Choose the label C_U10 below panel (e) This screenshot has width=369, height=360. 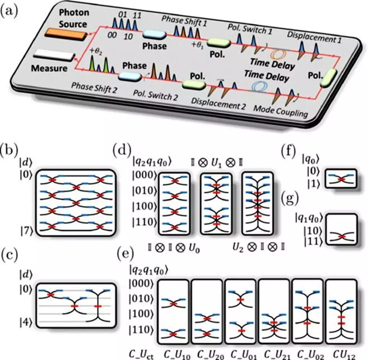pyautogui.click(x=175, y=355)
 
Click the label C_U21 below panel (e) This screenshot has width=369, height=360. pyautogui.click(x=272, y=355)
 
